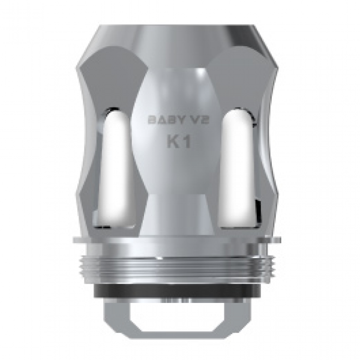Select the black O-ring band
[x=179, y=289]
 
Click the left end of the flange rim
[x=78, y=241]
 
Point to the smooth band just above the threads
[x=179, y=248]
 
